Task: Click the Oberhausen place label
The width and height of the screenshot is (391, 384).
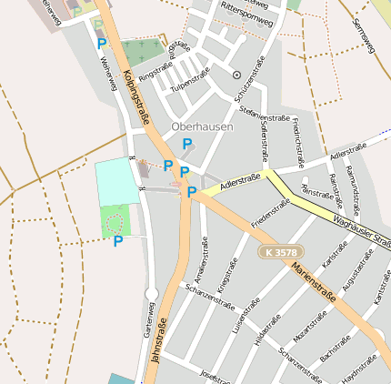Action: point(202,127)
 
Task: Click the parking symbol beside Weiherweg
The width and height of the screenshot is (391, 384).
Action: point(101,42)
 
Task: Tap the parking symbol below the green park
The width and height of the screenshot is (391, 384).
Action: point(117,240)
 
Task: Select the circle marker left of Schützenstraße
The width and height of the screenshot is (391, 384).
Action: point(236,75)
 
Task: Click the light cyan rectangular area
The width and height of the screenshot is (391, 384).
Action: point(117,181)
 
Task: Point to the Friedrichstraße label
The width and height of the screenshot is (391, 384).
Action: point(296,136)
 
